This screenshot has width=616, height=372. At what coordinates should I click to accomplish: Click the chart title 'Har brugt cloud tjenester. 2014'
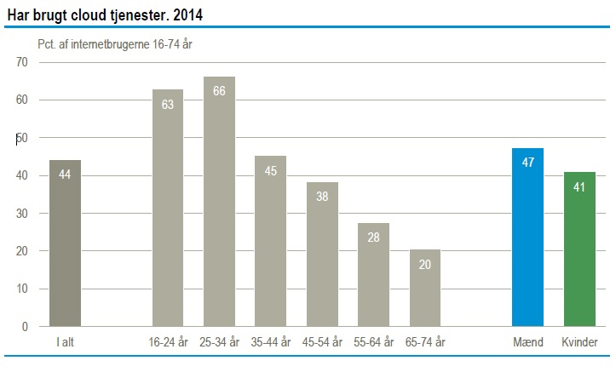tap(106, 14)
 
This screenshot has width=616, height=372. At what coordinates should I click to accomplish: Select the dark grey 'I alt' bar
tap(65, 247)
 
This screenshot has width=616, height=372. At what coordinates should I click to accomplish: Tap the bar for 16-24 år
tap(168, 213)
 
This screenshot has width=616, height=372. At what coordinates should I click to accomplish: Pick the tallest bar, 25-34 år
tap(219, 204)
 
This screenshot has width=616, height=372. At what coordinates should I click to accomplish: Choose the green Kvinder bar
tap(579, 251)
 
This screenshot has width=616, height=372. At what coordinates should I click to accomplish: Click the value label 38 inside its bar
tap(322, 195)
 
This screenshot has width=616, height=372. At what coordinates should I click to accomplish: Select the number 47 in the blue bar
tap(527, 162)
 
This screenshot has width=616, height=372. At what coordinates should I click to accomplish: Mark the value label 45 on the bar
tap(271, 169)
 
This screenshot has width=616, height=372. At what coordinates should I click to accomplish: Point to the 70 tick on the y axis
tap(21, 62)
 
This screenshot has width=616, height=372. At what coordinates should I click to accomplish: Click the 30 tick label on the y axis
tap(21, 214)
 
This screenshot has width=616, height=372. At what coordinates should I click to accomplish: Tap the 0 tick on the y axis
tap(25, 327)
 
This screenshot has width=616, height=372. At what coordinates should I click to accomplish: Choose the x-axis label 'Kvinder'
tap(580, 343)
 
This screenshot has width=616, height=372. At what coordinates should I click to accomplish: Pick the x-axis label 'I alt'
tap(65, 343)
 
